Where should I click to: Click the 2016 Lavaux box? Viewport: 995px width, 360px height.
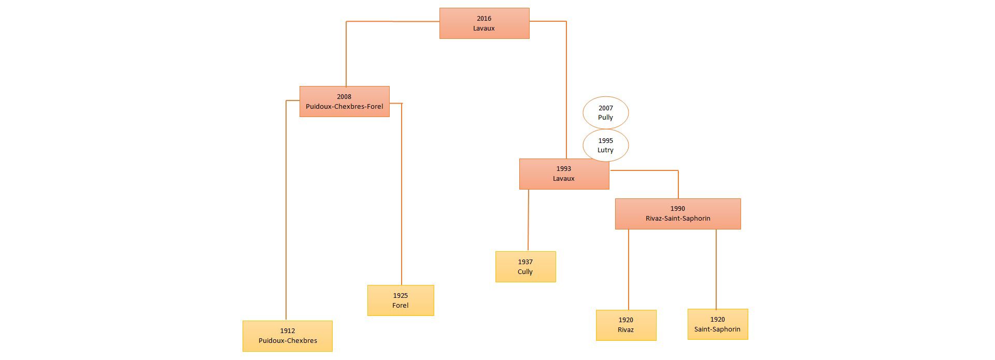tap(484, 23)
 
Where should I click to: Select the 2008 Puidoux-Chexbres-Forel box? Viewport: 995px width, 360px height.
tap(344, 102)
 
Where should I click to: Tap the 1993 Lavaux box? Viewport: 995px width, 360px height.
tap(564, 174)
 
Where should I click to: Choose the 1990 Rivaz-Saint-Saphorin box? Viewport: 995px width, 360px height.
tap(677, 214)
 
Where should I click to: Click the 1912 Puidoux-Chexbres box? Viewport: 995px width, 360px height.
tap(287, 336)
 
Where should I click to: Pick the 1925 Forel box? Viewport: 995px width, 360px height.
tap(400, 300)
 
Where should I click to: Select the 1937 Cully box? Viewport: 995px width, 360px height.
tap(525, 267)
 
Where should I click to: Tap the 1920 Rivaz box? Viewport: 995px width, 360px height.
tap(626, 325)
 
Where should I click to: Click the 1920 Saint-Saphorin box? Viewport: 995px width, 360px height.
tap(717, 324)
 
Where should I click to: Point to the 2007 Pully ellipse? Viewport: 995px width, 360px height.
tap(605, 112)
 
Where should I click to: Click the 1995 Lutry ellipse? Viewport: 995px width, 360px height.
tap(605, 145)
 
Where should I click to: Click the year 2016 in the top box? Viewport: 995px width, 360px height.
tap(484, 19)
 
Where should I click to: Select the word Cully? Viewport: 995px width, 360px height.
tap(525, 272)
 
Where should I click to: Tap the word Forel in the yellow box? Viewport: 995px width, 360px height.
tap(400, 306)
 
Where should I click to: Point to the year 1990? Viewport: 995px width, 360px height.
tap(677, 209)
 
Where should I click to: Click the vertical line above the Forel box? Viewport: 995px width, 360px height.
tap(401, 197)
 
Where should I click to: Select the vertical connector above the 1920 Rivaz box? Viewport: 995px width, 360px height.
tap(628, 269)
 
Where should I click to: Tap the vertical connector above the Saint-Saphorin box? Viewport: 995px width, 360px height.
tap(716, 269)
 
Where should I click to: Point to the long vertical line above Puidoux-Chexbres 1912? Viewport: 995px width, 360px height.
tap(286, 207)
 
